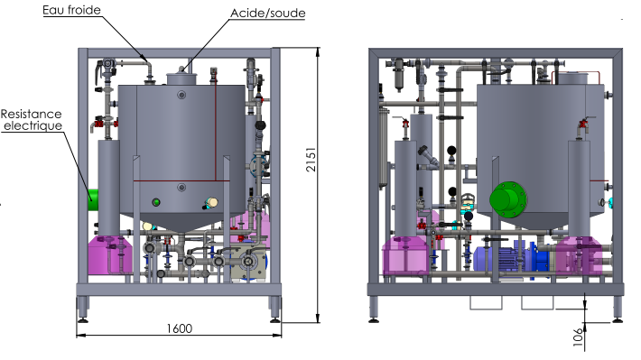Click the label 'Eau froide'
(x=71, y=10)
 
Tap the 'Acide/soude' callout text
(x=268, y=13)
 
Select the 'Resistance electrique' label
(x=32, y=120)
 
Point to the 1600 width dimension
(x=179, y=328)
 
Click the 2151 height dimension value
(x=311, y=160)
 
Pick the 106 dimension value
(x=577, y=337)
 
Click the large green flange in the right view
(x=508, y=199)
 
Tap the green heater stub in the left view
(x=93, y=199)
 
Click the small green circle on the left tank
(x=156, y=202)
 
